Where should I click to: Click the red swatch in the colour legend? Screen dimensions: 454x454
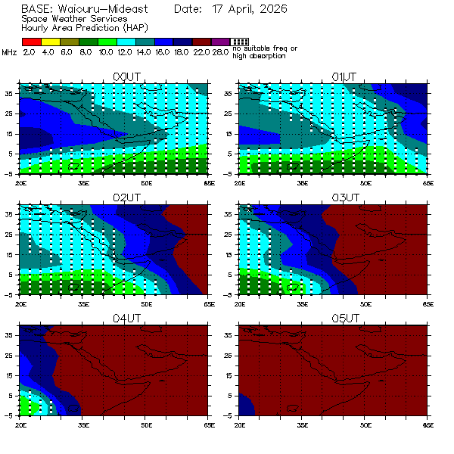click(31, 42)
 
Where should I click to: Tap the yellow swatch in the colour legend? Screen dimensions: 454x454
click(50, 42)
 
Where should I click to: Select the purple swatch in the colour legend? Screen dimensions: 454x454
click(220, 42)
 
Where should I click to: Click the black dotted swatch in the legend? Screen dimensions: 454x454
click(239, 42)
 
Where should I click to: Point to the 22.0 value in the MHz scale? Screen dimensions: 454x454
click(201, 51)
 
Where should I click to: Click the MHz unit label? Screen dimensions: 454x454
click(10, 51)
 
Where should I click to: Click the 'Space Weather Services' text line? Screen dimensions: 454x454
click(74, 18)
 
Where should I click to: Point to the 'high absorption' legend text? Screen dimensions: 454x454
click(260, 56)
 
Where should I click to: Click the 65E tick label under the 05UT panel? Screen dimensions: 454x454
click(428, 424)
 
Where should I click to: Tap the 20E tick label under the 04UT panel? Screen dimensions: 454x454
click(20, 424)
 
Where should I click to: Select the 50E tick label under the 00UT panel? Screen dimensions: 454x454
click(147, 182)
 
